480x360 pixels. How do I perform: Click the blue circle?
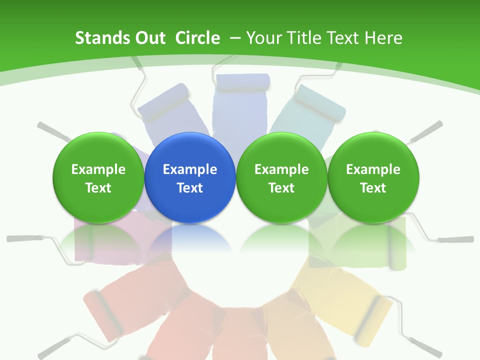190,178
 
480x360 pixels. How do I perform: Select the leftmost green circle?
98,178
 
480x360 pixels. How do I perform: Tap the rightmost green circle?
373,178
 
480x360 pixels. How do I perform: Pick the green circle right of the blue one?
281,178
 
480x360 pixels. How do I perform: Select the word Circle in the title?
197,38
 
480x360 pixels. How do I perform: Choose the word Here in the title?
383,38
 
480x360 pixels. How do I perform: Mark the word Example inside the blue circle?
190,169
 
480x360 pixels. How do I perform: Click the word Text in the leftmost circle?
98,188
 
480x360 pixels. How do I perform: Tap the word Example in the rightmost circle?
373,169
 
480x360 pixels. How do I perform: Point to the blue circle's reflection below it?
190,237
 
